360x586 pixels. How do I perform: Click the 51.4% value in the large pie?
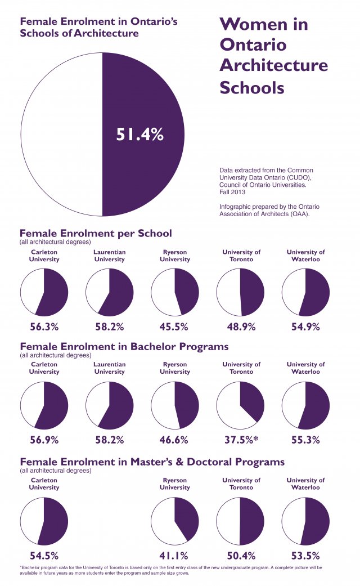click(x=139, y=135)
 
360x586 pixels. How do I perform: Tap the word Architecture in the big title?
click(x=273, y=65)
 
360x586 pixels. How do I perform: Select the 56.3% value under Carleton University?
click(x=44, y=326)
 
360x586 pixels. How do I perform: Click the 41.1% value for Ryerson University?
click(x=174, y=555)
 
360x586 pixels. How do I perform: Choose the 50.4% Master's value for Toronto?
click(x=240, y=555)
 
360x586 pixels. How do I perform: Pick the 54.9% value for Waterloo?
click(x=305, y=326)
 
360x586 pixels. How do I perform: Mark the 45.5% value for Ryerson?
click(x=174, y=326)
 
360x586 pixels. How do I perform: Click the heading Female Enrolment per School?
click(x=96, y=233)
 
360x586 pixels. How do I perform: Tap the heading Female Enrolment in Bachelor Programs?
click(x=124, y=346)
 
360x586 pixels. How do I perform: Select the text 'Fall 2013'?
click(x=233, y=192)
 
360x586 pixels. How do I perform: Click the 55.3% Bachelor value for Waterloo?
click(x=305, y=440)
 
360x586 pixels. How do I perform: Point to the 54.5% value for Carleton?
click(x=44, y=555)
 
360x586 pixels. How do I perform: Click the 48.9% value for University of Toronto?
click(x=240, y=326)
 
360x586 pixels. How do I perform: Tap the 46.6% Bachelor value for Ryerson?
click(x=174, y=440)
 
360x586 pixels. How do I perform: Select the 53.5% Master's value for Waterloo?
click(x=305, y=555)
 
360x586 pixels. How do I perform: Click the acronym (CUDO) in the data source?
click(x=292, y=177)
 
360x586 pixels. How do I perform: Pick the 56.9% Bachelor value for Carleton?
click(x=44, y=440)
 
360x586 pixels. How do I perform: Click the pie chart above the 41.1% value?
click(x=174, y=521)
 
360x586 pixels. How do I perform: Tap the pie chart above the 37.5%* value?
click(x=240, y=405)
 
